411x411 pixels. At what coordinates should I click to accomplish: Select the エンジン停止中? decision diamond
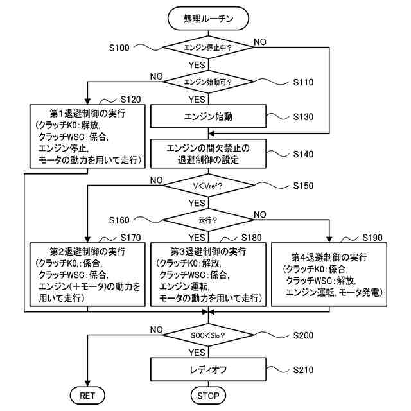[x=208, y=48]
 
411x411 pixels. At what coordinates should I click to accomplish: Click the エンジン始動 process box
[x=208, y=117]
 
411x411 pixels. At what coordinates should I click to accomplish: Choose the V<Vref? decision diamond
[x=208, y=185]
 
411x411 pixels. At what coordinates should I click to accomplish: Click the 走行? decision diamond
[x=208, y=220]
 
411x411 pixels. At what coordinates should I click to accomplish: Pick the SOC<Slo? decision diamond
[x=208, y=335]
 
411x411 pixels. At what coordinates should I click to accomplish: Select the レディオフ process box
[x=208, y=370]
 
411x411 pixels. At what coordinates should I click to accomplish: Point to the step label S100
[x=119, y=48]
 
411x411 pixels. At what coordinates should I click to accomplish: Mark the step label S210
[x=303, y=370]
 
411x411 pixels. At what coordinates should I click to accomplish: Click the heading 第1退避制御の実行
[x=87, y=114]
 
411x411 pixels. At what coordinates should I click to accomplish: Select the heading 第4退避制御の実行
[x=329, y=257]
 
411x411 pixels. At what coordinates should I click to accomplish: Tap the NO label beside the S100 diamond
[x=260, y=42]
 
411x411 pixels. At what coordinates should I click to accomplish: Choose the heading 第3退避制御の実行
[x=208, y=250]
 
